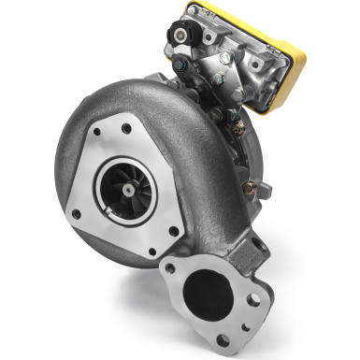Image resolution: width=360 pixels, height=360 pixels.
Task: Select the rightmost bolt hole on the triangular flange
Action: (173, 230)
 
